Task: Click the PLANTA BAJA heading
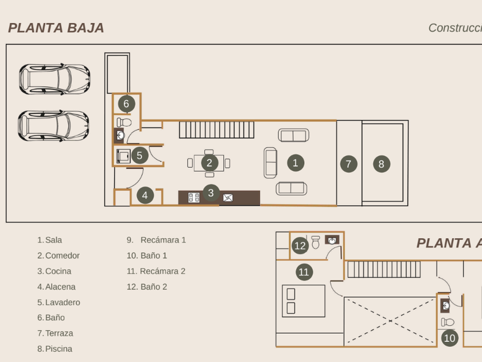click(56, 28)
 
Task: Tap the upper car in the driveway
click(55, 79)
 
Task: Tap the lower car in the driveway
click(54, 126)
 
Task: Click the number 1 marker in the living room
click(295, 163)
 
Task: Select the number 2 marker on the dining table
click(209, 163)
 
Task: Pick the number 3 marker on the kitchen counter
click(211, 193)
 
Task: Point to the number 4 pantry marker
click(145, 195)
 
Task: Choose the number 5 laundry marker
click(139, 155)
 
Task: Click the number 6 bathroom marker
click(126, 104)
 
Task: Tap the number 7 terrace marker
click(348, 164)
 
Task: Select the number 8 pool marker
click(381, 164)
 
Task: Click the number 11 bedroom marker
click(304, 272)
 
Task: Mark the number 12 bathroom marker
click(300, 246)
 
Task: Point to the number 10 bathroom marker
click(449, 338)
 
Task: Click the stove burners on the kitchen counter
click(194, 198)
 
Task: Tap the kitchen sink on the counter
click(228, 198)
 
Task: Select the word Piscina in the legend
click(59, 349)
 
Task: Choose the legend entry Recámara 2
click(162, 271)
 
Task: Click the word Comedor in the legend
click(62, 256)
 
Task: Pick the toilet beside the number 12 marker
click(316, 242)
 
